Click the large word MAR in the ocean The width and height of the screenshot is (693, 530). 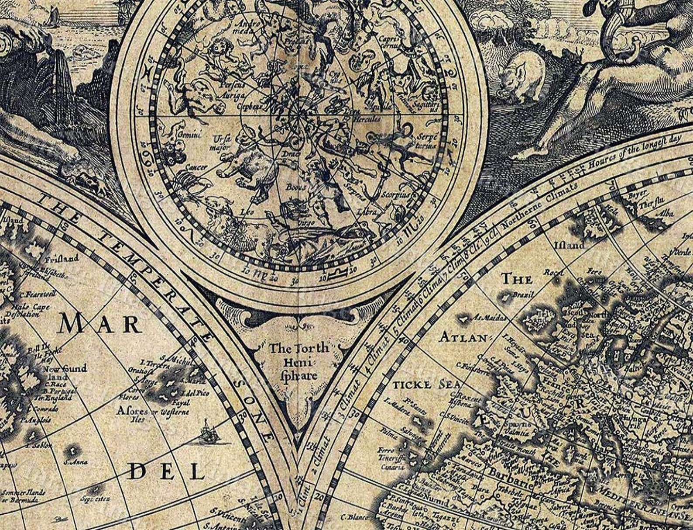tap(100, 324)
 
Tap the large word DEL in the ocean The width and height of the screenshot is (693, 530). tap(167, 472)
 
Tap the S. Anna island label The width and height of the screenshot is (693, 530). tap(75, 461)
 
